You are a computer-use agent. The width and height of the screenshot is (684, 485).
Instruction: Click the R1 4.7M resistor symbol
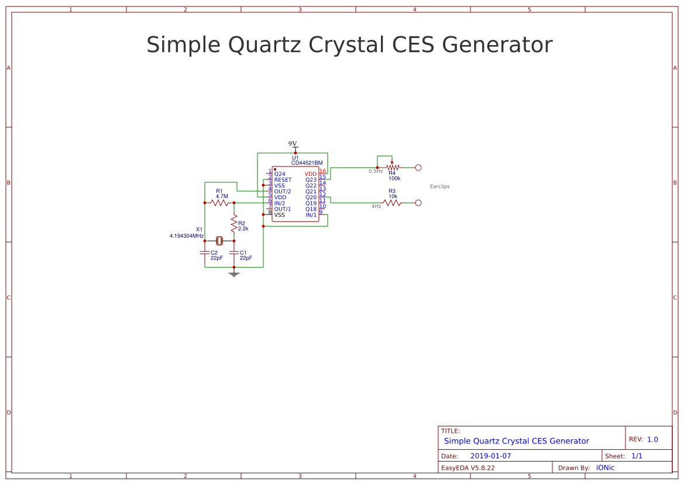219,203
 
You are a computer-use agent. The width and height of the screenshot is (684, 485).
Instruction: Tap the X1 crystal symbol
219,241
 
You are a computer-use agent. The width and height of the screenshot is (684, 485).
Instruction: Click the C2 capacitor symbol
204,253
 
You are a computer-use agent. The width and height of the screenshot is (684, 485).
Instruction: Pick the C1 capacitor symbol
234,253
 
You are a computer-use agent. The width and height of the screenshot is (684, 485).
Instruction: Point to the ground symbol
234,274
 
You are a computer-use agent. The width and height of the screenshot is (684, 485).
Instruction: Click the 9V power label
293,144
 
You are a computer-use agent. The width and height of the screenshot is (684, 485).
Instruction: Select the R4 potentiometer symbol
392,168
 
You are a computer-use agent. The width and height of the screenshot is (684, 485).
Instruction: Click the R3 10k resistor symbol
392,203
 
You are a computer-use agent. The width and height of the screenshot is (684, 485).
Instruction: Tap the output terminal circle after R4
418,168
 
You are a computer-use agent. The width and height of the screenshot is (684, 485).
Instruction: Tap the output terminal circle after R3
418,203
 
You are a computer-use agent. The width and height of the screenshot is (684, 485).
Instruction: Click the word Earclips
439,186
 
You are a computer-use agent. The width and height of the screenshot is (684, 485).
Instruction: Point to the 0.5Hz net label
376,171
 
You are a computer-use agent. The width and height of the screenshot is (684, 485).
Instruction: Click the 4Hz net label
376,206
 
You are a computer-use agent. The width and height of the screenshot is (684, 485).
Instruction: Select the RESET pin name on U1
283,180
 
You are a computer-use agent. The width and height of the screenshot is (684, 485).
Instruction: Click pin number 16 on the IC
322,171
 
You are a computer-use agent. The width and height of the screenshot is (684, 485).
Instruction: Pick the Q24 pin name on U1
280,174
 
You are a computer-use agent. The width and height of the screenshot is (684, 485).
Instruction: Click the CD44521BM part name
307,163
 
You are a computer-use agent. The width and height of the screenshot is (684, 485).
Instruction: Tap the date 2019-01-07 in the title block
490,456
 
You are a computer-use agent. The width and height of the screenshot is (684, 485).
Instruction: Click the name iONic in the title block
605,467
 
